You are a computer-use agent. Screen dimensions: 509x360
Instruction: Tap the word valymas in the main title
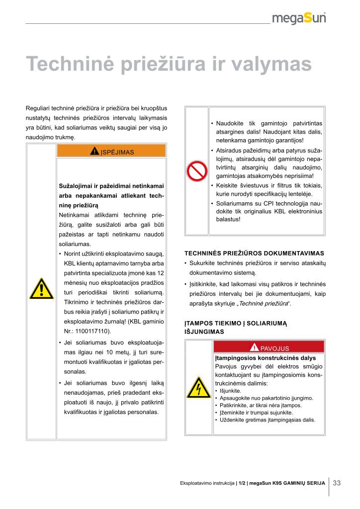tap(272, 65)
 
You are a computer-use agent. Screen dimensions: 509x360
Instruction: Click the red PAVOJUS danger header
tap(269, 347)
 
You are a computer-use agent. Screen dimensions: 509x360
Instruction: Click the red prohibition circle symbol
tap(196, 171)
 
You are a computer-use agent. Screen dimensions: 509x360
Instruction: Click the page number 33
tap(337, 483)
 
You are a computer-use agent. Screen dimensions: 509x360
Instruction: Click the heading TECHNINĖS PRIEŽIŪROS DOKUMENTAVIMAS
tap(254, 253)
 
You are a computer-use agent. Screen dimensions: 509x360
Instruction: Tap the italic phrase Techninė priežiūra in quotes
tap(266, 303)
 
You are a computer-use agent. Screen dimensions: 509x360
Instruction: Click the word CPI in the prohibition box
tap(262, 204)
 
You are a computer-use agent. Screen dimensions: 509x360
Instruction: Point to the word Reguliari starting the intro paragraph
tap(38, 108)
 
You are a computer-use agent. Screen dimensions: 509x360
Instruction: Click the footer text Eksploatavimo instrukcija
tap(207, 483)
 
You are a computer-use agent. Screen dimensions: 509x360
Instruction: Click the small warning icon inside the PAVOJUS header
tap(255, 347)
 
